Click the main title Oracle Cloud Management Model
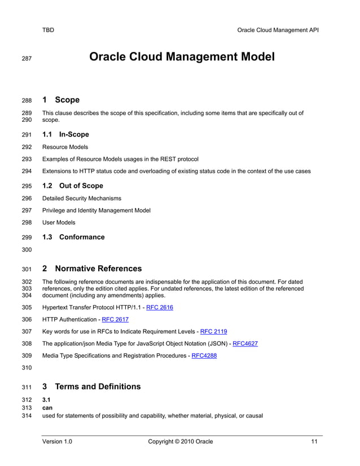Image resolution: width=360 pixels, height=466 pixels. pyautogui.click(x=182, y=57)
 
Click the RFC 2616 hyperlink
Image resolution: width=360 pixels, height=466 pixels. pyautogui.click(x=159, y=307)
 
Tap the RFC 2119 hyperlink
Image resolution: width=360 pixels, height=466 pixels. pyautogui.click(x=213, y=331)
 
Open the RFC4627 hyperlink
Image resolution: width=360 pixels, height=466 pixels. pyautogui.click(x=245, y=344)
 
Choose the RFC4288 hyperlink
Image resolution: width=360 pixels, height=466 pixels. pyautogui.click(x=204, y=355)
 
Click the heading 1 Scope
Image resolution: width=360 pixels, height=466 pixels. pyautogui.click(x=61, y=100)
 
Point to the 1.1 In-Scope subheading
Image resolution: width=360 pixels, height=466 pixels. pyautogui.click(x=65, y=134)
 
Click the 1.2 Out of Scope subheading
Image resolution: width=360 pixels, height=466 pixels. pyautogui.click(x=73, y=186)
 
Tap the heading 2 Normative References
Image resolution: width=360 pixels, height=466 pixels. pyautogui.click(x=92, y=269)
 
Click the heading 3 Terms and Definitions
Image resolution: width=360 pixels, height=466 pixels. pyautogui.click(x=91, y=386)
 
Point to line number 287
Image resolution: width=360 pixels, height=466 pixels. pyautogui.click(x=27, y=58)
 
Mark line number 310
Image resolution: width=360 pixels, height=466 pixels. pyautogui.click(x=27, y=368)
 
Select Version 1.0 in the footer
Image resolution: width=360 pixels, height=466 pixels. pyautogui.click(x=57, y=441)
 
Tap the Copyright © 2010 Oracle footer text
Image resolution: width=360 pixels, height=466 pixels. pyautogui.click(x=180, y=441)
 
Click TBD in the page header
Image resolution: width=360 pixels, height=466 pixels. pyautogui.click(x=49, y=30)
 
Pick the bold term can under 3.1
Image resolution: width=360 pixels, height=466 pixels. pyautogui.click(x=47, y=408)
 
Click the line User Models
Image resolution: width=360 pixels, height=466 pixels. pyautogui.click(x=59, y=222)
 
